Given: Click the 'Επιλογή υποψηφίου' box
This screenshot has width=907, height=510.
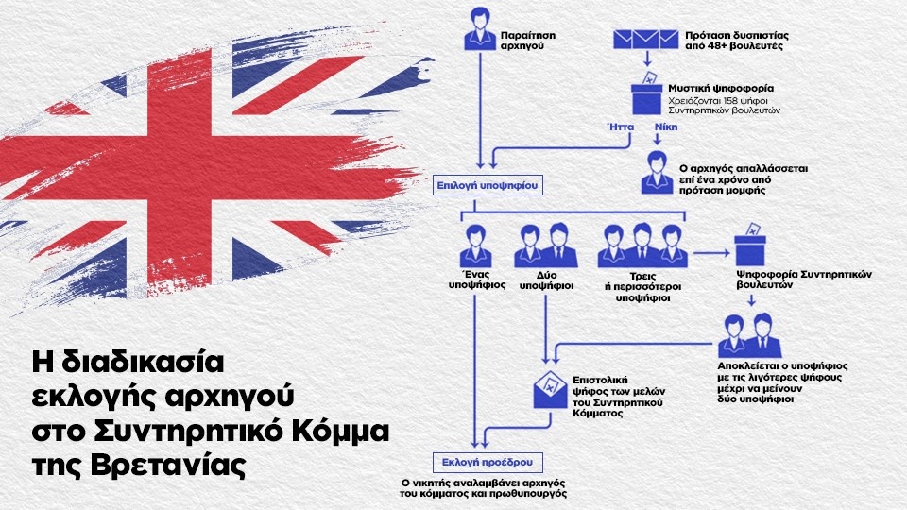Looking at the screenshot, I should click(488, 185).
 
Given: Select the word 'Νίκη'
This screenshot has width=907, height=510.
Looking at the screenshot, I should click(665, 124).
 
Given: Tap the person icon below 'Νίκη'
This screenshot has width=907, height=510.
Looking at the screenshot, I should click(653, 171).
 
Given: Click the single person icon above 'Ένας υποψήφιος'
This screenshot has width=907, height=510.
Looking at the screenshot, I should click(476, 247).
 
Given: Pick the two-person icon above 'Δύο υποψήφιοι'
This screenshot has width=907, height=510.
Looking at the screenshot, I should click(543, 246).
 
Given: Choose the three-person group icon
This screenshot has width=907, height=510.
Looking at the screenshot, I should click(642, 246).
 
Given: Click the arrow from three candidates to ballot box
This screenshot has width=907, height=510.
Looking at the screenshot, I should click(708, 253).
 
